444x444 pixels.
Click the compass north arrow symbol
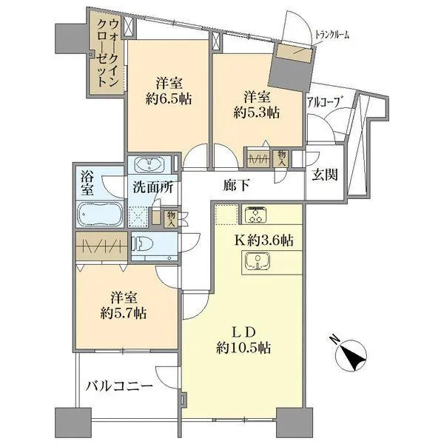click(x=351, y=354)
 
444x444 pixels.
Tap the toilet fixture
click(x=142, y=243)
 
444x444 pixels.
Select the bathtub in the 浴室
click(x=100, y=214)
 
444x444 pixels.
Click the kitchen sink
click(x=258, y=260)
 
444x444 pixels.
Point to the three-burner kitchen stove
click(x=257, y=215)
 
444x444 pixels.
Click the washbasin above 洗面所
click(x=149, y=165)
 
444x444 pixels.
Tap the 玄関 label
click(x=325, y=175)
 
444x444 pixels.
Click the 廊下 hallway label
click(x=236, y=186)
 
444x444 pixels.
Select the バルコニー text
click(x=119, y=386)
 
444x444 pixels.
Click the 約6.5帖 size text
click(x=169, y=99)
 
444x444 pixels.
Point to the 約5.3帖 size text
click(x=257, y=112)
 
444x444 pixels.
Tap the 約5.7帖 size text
click(x=124, y=314)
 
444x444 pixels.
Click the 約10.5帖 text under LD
click(x=243, y=348)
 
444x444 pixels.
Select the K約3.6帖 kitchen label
click(x=263, y=240)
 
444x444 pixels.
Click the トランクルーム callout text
click(x=332, y=36)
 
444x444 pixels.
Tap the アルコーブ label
click(x=323, y=102)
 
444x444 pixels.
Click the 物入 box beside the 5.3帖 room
click(x=282, y=158)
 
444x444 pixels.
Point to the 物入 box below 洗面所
click(x=171, y=219)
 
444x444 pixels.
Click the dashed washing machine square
click(x=138, y=218)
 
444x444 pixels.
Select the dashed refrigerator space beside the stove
click(x=226, y=214)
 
